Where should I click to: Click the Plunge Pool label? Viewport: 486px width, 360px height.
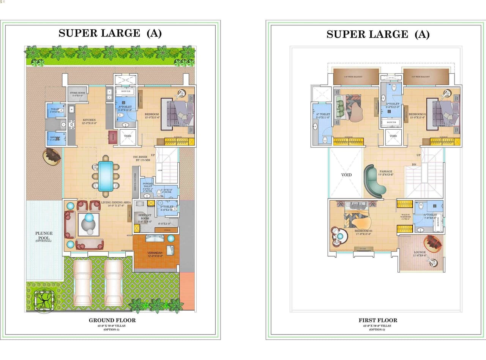(44, 236)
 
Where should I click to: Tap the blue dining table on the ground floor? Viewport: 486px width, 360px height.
(105, 176)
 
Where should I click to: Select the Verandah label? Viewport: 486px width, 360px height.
(155, 254)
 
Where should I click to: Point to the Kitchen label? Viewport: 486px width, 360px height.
(90, 122)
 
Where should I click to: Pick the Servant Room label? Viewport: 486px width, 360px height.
(145, 218)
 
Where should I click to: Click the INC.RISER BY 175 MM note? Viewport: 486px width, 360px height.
(142, 158)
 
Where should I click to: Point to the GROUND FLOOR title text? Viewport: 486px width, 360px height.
(112, 320)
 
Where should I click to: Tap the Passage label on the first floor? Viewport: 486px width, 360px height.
(386, 173)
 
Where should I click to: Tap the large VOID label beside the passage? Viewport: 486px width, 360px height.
(346, 175)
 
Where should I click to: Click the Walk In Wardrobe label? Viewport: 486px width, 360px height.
(405, 217)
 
